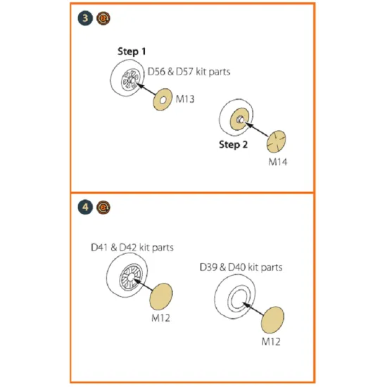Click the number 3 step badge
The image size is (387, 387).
[85, 18]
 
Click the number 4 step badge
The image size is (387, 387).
[85, 207]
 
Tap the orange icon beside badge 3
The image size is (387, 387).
[103, 18]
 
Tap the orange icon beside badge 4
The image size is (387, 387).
[103, 207]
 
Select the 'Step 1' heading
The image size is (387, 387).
[132, 51]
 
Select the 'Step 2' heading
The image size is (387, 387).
[233, 145]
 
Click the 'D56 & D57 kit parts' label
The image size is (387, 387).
[189, 72]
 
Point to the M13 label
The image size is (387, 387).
[185, 99]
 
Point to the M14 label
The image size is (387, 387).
[278, 162]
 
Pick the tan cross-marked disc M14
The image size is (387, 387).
[277, 141]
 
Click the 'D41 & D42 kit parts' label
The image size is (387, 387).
[132, 247]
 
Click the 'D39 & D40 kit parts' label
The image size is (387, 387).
[241, 267]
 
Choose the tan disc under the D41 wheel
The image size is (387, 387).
[161, 296]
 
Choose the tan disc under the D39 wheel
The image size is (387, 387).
[272, 320]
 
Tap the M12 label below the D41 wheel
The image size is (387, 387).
[160, 318]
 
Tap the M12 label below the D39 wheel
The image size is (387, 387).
[271, 341]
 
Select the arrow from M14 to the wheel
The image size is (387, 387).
[257, 129]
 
